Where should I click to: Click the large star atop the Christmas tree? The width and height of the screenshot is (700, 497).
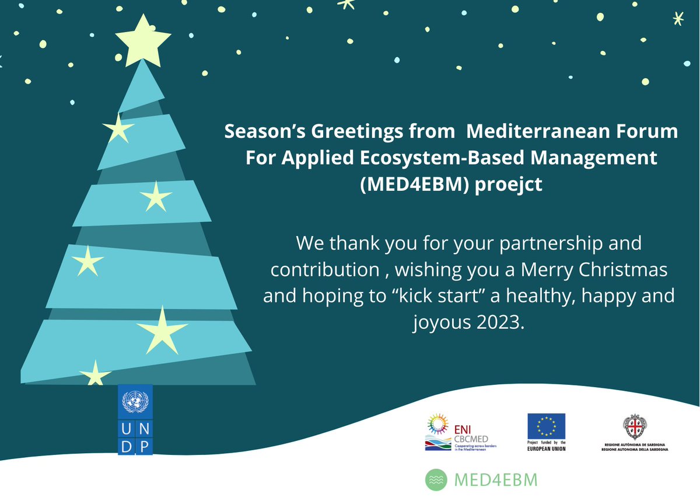click(x=143, y=39)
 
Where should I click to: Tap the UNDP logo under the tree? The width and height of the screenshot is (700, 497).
click(x=135, y=420)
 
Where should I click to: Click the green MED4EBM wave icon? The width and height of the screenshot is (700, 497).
click(x=436, y=480)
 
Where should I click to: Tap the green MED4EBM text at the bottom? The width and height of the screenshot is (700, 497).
click(x=495, y=480)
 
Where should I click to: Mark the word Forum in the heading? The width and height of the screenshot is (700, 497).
click(x=652, y=131)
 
